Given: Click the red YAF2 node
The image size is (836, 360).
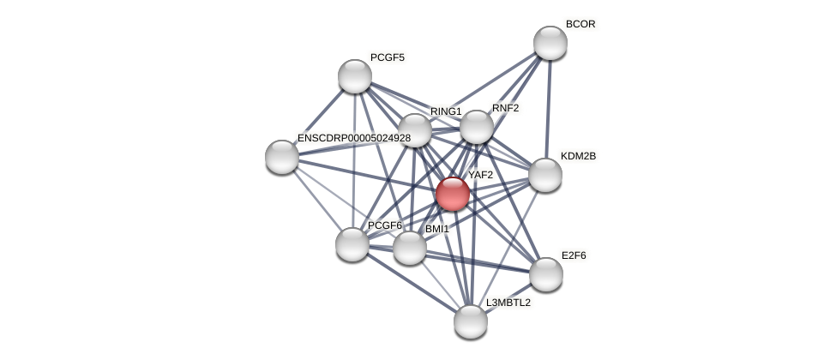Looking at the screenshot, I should pos(452,194).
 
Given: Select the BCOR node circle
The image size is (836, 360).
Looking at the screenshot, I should pos(550,43).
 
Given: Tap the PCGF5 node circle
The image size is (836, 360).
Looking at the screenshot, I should pos(355,76).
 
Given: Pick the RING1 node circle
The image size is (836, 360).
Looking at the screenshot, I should pos(415,130).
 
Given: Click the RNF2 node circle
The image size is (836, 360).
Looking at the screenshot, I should pos(477,127).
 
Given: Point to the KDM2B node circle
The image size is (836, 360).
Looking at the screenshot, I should pos(545,175).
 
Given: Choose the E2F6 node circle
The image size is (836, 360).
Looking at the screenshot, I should pos(546,274).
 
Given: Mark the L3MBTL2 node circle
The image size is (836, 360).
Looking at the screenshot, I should pos(471,321).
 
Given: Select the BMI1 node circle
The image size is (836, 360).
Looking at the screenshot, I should pos(410,248).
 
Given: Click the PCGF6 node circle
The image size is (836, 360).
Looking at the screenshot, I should pos(352,244).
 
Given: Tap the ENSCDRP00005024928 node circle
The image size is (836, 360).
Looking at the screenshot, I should pos(282,157).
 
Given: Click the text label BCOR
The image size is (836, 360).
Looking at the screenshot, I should pos(580,24).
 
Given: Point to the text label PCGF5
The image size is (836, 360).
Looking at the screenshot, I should pos(388,57).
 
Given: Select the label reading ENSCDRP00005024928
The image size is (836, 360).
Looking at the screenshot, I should pos(353,138).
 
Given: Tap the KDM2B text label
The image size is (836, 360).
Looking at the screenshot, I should pos(578,156).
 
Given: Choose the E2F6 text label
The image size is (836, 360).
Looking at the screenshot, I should pos(574,255).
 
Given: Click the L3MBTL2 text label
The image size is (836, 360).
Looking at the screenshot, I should pos(508,303).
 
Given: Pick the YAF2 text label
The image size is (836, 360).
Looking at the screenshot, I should pos(480,175).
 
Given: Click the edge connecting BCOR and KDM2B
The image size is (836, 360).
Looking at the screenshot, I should pos(548,109).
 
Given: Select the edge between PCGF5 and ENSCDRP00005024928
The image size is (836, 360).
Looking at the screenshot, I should pos(318,117).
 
